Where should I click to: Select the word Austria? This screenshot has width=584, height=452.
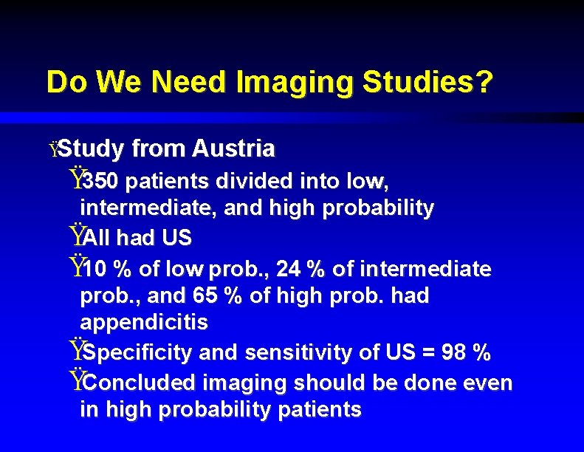233,149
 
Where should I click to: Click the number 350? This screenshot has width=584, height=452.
96,180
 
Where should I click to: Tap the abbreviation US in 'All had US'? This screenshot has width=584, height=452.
177,238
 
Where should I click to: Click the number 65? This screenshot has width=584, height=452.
204,296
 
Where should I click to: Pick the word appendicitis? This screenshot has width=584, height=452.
144,323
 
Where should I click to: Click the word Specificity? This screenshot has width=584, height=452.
140,353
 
